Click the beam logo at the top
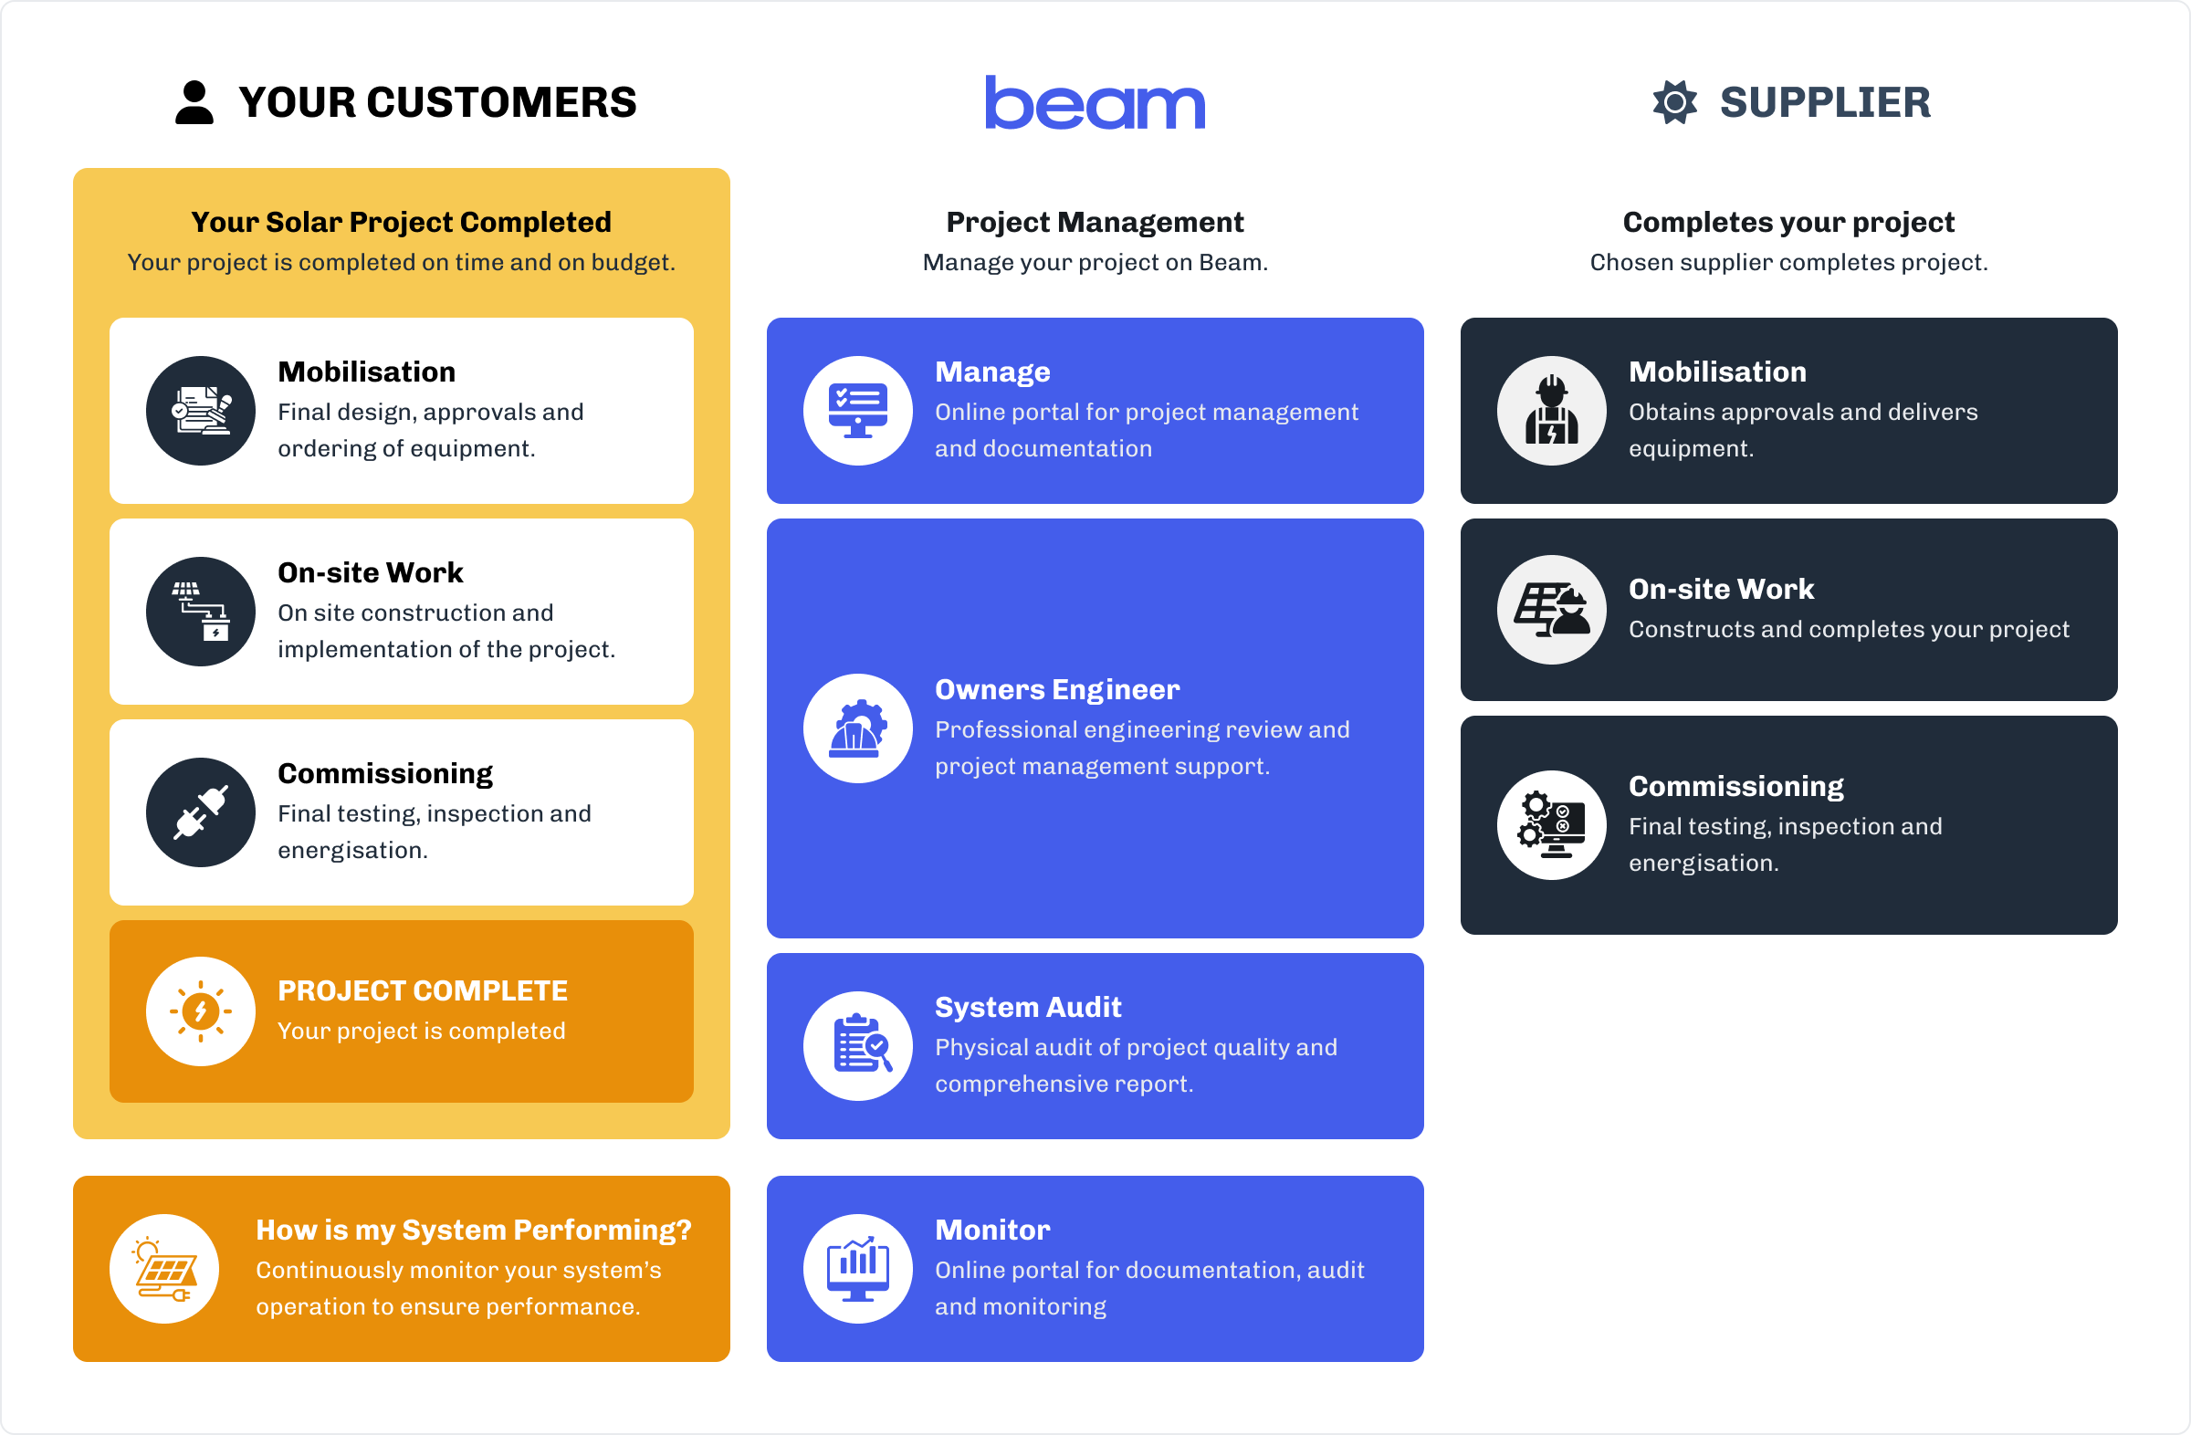[1095, 102]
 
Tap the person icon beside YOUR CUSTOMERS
[194, 102]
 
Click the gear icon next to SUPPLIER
[1674, 102]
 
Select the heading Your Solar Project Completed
[401, 222]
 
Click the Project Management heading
[1095, 222]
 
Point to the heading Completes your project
[1787, 222]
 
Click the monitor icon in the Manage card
[858, 411]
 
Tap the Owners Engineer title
[1057, 689]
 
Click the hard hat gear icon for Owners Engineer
[858, 729]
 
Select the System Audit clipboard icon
[858, 1045]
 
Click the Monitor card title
[992, 1230]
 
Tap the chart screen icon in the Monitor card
[858, 1268]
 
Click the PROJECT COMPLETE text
[423, 990]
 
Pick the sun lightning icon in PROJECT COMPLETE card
[201, 1011]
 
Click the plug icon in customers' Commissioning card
[201, 812]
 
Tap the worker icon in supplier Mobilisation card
[1551, 411]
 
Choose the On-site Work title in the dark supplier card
[1721, 589]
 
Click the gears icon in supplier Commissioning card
[1551, 824]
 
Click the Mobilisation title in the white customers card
[366, 372]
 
